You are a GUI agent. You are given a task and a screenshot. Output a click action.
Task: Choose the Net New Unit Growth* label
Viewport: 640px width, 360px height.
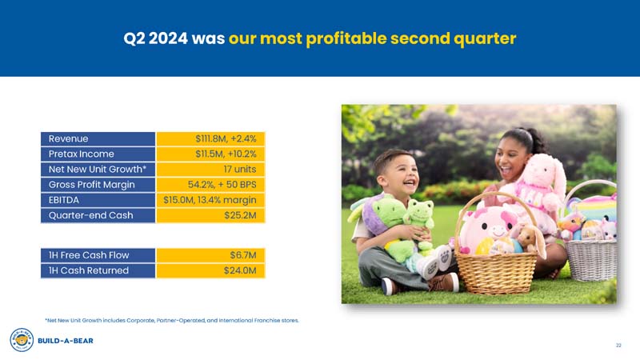pos(96,169)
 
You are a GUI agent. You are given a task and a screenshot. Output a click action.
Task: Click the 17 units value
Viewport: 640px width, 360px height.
pos(239,169)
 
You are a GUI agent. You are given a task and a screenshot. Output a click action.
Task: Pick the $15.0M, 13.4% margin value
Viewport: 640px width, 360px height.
pos(210,199)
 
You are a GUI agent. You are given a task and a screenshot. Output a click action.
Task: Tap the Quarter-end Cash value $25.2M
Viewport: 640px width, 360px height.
pos(239,214)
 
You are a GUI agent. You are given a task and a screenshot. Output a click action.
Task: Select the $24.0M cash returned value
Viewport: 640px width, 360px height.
pos(239,270)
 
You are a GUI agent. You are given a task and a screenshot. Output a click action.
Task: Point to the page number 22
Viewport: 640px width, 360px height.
pos(618,345)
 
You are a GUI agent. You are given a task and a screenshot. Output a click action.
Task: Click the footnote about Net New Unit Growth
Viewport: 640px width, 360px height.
pos(172,320)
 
